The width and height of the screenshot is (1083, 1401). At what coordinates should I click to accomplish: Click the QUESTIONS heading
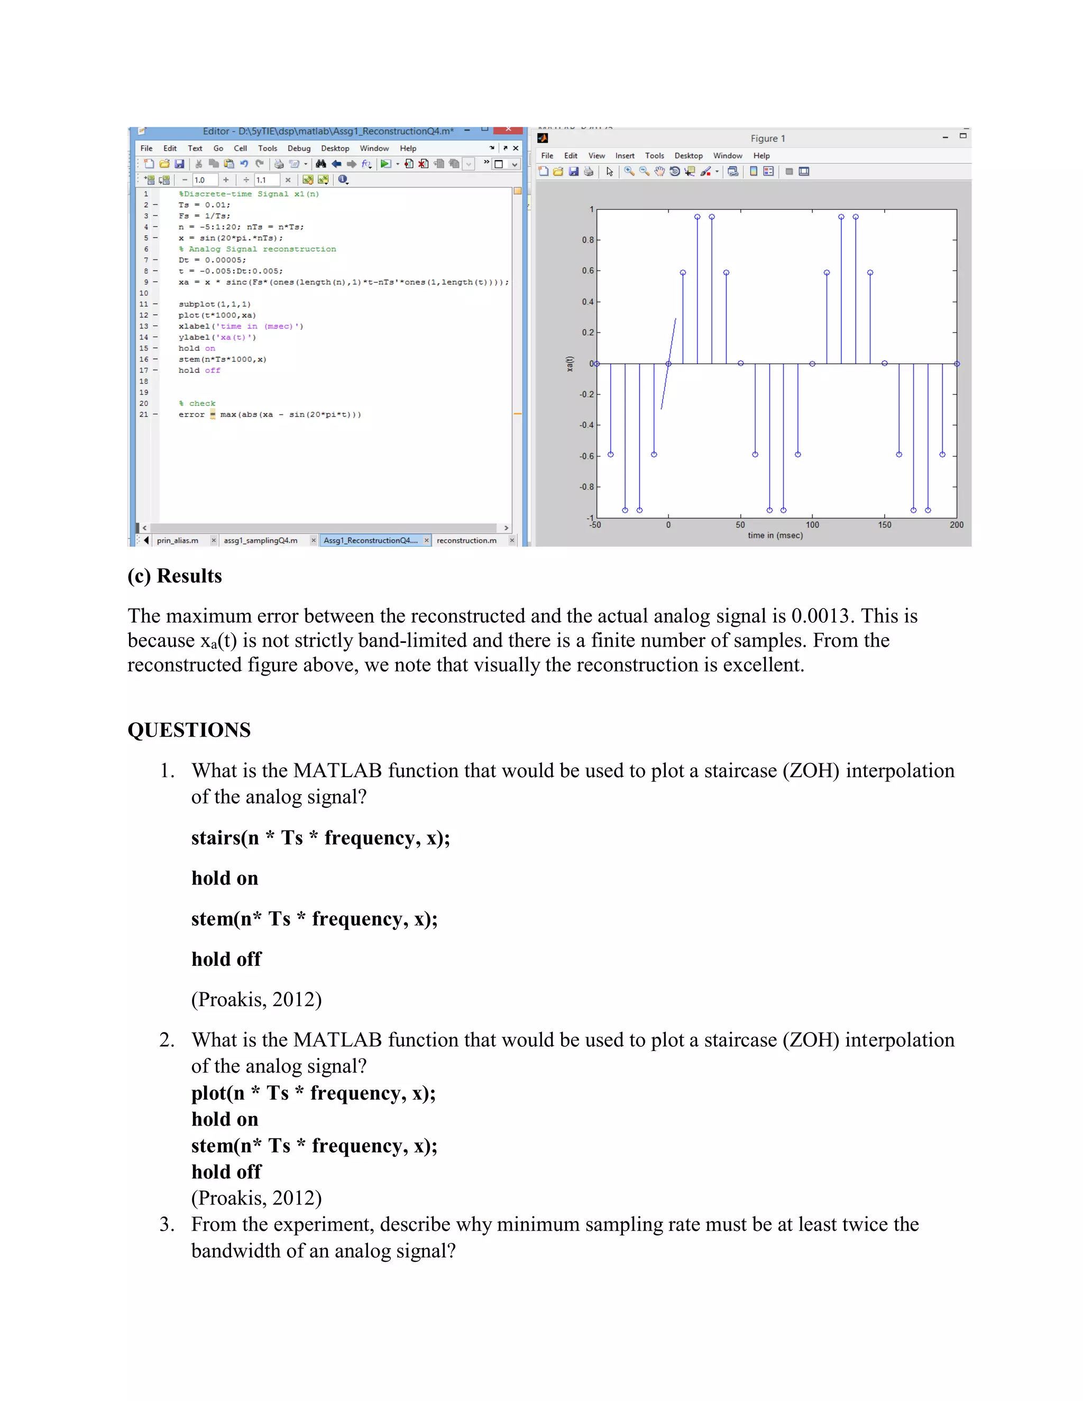189,730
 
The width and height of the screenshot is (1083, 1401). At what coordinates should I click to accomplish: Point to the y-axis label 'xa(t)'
570,364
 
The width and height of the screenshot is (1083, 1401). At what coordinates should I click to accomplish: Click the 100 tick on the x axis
812,525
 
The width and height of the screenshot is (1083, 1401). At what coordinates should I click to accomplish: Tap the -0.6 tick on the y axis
586,456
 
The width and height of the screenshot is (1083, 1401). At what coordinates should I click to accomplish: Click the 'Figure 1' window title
767,139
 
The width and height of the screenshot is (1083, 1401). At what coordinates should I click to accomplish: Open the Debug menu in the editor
298,148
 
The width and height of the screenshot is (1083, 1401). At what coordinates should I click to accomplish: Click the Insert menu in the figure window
625,156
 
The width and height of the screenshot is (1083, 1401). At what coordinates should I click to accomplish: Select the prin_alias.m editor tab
177,540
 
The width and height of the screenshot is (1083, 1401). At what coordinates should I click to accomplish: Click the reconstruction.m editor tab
466,540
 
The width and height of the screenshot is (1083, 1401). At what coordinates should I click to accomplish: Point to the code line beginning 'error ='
270,414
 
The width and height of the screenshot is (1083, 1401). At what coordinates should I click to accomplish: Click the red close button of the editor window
508,130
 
